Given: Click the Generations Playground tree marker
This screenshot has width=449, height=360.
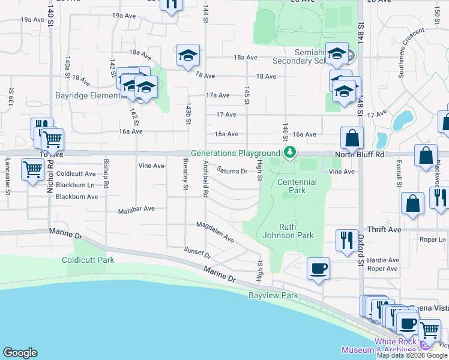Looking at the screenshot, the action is point(290,152).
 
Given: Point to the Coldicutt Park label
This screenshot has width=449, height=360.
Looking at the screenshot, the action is point(88,260).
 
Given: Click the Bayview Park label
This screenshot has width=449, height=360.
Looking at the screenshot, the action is point(273,296).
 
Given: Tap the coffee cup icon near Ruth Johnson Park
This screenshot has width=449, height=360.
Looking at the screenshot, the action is point(318,268).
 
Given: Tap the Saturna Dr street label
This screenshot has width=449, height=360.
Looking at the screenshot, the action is point(232,171).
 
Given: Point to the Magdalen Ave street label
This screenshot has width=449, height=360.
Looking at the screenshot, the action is point(215,231).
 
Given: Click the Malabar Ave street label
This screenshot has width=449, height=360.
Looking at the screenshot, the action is point(136,209).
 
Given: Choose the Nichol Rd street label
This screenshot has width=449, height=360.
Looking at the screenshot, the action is point(49,180).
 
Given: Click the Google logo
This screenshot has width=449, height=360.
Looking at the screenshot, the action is point(20,352).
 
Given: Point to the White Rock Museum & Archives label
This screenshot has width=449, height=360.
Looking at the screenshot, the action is point(378,346).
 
